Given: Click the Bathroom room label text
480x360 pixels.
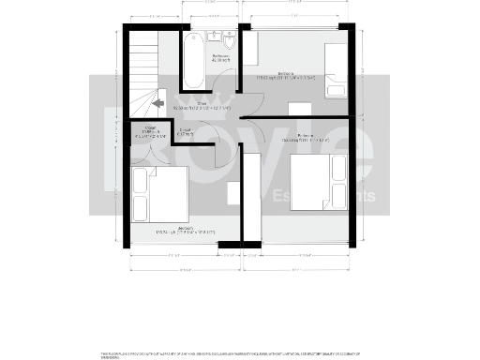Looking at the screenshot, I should coord(221,60).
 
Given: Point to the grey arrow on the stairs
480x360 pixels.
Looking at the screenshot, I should coord(158,104).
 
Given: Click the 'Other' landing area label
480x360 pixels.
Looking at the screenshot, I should coord(202,107).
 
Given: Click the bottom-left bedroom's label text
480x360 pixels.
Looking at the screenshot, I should coord(177,230).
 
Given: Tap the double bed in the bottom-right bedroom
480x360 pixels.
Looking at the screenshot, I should coord(313,181).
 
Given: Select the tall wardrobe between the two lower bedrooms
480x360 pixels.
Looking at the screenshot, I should coord(250,193).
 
